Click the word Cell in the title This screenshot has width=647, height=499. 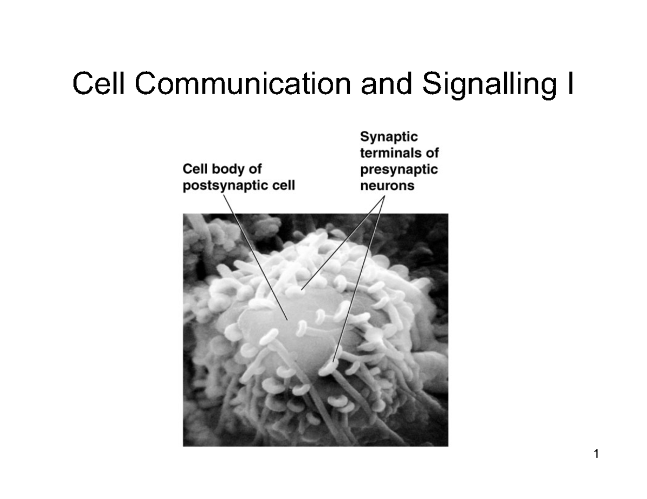tap(98, 83)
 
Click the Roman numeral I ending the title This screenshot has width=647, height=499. tap(570, 83)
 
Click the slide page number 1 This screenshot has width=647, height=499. tap(596, 454)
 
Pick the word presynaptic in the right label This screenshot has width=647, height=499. tap(399, 170)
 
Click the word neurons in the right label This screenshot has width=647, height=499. tap(387, 186)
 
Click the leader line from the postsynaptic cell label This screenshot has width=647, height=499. tap(256, 257)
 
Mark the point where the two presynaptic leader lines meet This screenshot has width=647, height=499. tap(384, 195)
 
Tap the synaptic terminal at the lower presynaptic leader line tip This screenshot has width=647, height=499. tap(329, 367)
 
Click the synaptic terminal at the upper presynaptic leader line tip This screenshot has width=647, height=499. tap(295, 290)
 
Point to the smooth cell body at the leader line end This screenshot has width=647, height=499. tap(287, 320)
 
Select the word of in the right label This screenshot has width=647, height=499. tap(432, 153)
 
